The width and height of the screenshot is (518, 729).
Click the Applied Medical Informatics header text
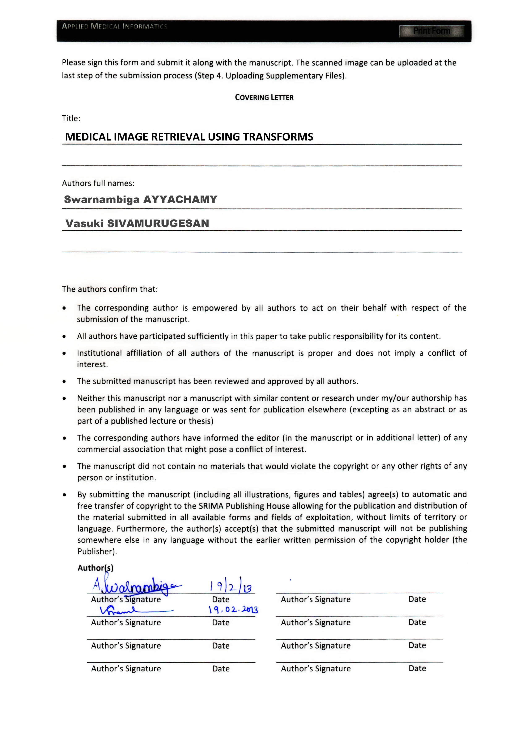point(115,26)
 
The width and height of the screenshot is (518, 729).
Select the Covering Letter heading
point(264,98)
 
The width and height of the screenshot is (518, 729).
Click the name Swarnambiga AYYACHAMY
point(141,200)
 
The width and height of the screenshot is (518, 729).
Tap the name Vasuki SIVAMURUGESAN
point(137,223)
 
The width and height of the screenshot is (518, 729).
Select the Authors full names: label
point(98,183)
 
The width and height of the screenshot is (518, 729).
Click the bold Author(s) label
point(95,568)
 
